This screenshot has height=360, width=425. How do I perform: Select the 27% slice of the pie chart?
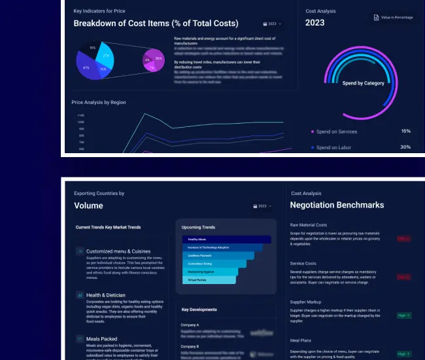pyautogui.click(x=105, y=57)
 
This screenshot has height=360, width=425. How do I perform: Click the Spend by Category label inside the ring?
pyautogui.click(x=364, y=83)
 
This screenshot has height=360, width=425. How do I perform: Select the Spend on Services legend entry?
pyautogui.click(x=336, y=132)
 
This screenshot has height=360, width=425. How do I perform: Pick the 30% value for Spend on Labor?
pyautogui.click(x=405, y=147)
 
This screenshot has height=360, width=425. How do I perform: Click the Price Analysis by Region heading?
pyautogui.click(x=99, y=102)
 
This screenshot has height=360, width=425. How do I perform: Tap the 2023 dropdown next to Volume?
pyautogui.click(x=263, y=206)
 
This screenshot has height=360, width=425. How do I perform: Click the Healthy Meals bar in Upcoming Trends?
pyautogui.click(x=226, y=240)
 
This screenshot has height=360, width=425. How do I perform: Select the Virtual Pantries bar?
pyautogui.click(x=209, y=279)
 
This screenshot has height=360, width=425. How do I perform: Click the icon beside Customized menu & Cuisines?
pyautogui.click(x=79, y=251)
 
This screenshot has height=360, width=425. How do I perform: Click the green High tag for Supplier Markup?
pyautogui.click(x=404, y=315)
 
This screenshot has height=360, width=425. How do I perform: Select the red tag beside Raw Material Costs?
pyautogui.click(x=404, y=238)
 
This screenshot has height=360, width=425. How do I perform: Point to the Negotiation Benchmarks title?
pyautogui.click(x=337, y=206)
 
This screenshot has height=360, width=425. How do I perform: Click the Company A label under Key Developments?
pyautogui.click(x=190, y=325)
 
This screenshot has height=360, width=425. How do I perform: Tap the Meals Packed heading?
pyautogui.click(x=102, y=338)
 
